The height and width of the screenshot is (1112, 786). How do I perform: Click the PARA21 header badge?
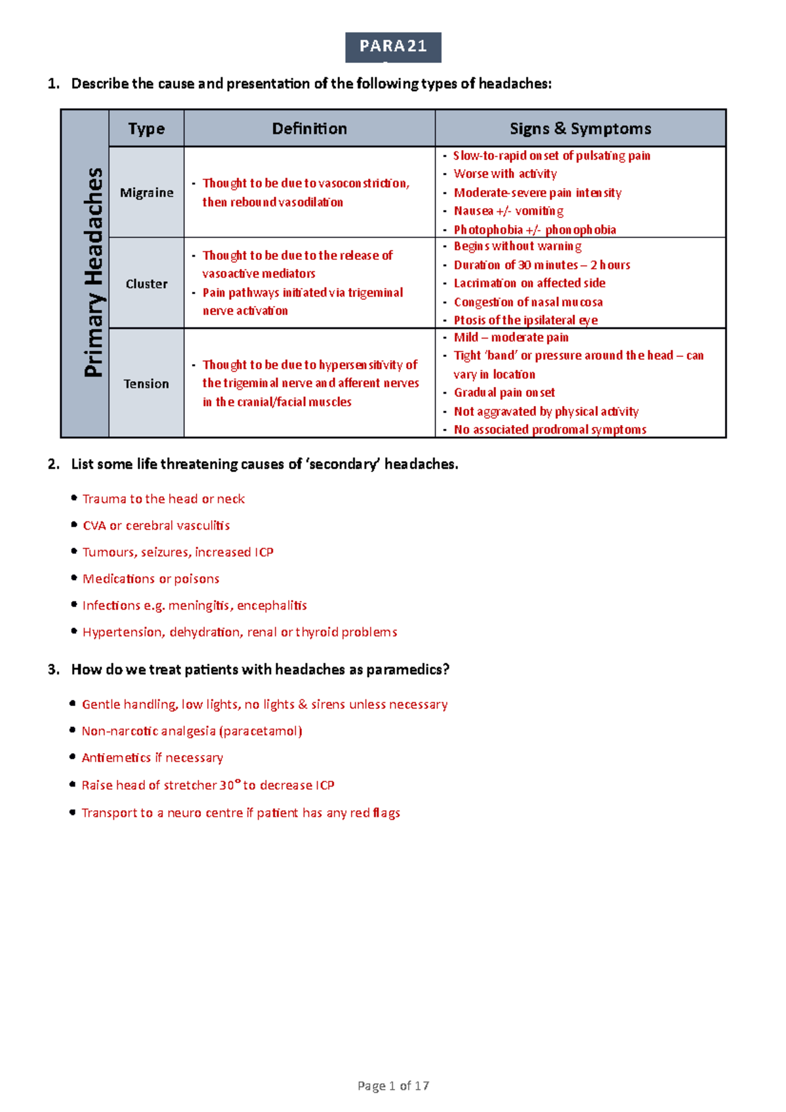pos(393,47)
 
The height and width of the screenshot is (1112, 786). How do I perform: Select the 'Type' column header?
pos(146,128)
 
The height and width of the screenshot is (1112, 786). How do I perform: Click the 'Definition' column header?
pos(309,128)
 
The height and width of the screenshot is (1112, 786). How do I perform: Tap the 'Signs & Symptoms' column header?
pos(580,128)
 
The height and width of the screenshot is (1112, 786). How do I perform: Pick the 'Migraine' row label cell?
pos(146,193)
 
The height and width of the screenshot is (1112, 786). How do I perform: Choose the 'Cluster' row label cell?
pos(146,284)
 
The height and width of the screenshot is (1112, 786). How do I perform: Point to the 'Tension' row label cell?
pos(146,384)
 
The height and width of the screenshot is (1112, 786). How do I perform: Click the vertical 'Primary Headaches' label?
pos(93,272)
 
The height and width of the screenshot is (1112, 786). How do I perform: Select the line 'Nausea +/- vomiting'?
pos(508,211)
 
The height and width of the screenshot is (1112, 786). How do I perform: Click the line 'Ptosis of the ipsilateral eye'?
pos(525,320)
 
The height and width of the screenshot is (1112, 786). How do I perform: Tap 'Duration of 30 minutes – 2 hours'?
pos(542,265)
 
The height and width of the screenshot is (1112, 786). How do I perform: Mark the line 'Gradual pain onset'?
pos(504,393)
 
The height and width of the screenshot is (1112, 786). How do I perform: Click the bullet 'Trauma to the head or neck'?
pos(163,499)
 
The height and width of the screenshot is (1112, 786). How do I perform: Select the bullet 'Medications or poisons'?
pos(151,579)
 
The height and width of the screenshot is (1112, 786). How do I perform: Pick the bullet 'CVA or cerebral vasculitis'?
pos(156,526)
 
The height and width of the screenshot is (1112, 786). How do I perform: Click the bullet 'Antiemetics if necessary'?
pos(152,758)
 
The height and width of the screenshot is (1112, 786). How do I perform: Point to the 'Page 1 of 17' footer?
pos(393,1086)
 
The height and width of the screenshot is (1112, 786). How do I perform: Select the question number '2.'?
pos(54,464)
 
